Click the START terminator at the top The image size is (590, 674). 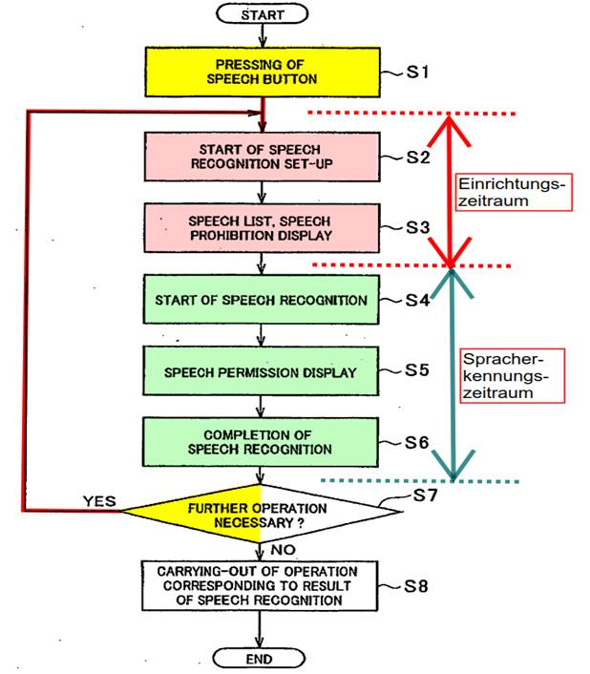tap(263, 14)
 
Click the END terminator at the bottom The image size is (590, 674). tap(259, 659)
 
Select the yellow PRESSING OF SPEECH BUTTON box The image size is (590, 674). tap(263, 72)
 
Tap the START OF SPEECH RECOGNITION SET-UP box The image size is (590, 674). tap(263, 157)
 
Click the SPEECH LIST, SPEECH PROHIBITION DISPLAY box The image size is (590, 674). tap(262, 228)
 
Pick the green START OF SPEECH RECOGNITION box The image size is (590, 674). tap(262, 300)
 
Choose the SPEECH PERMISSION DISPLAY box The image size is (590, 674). tap(261, 371)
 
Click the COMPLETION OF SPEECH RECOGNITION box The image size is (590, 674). tap(261, 442)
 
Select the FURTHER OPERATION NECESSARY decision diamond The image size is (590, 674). tap(260, 514)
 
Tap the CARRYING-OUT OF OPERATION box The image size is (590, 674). tap(260, 585)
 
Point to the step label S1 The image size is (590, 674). tap(418, 72)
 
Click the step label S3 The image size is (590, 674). tap(418, 227)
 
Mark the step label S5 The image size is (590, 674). tap(417, 370)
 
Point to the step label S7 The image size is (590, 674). tap(425, 495)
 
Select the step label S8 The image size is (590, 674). tap(416, 586)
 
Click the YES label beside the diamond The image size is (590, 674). tap(99, 501)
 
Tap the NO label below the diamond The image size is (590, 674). tap(284, 550)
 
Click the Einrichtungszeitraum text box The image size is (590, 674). tap(515, 192)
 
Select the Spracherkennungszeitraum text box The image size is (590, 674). tap(513, 376)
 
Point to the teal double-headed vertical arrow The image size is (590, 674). tap(453, 374)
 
